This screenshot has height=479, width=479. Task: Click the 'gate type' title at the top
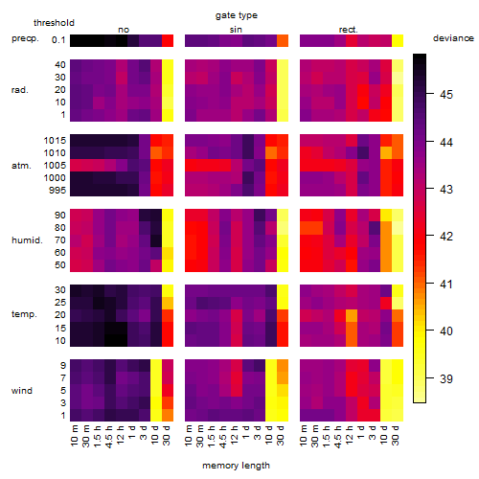tap(237, 15)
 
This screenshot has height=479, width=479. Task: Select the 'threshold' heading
tap(54, 23)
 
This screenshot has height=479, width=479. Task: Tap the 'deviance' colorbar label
tap(453, 38)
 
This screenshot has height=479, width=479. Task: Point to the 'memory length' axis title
tap(236, 466)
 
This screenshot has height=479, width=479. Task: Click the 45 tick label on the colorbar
tap(446, 95)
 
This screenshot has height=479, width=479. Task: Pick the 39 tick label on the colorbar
tap(446, 379)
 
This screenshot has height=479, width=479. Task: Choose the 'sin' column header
tap(236, 30)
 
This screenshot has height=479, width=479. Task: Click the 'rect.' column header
tap(349, 30)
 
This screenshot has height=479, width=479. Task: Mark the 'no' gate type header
tap(124, 30)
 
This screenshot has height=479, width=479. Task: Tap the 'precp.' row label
tap(25, 38)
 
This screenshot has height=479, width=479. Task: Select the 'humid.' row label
tap(27, 240)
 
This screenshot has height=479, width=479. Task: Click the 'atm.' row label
tap(21, 166)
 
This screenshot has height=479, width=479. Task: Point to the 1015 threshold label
tap(55, 141)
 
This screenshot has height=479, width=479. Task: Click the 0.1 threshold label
tap(58, 40)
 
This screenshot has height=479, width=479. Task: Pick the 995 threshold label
tap(57, 191)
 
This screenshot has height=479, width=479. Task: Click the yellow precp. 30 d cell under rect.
tap(398, 41)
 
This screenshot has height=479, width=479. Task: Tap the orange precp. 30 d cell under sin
tap(283, 41)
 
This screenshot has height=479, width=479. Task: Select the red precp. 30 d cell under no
tap(168, 41)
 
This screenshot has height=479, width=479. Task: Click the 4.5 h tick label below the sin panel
tap(223, 437)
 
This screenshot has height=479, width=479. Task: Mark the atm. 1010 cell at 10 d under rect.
tap(386, 153)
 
